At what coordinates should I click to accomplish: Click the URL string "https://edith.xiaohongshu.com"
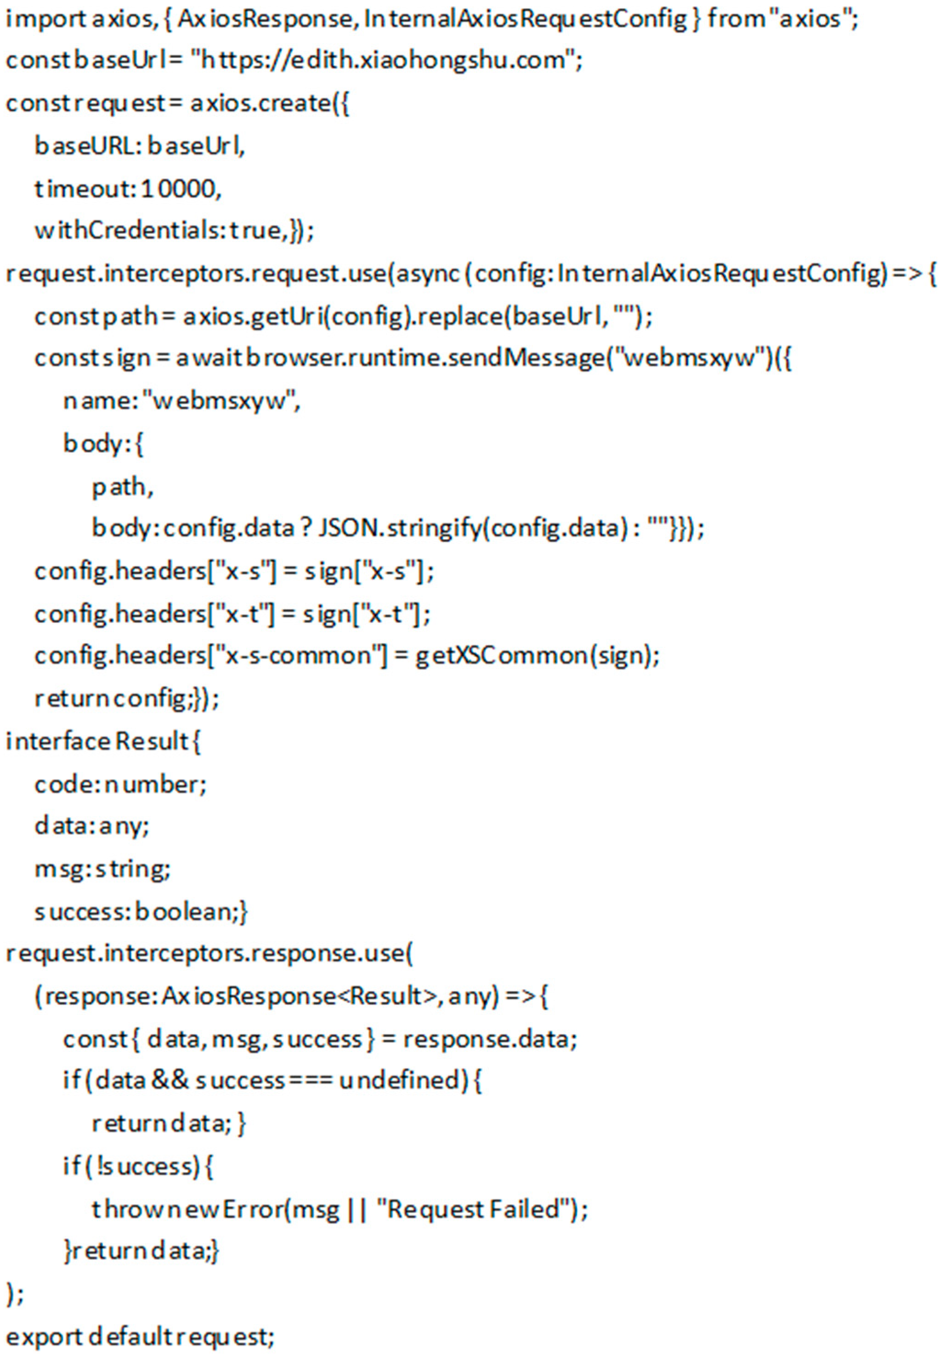383,61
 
